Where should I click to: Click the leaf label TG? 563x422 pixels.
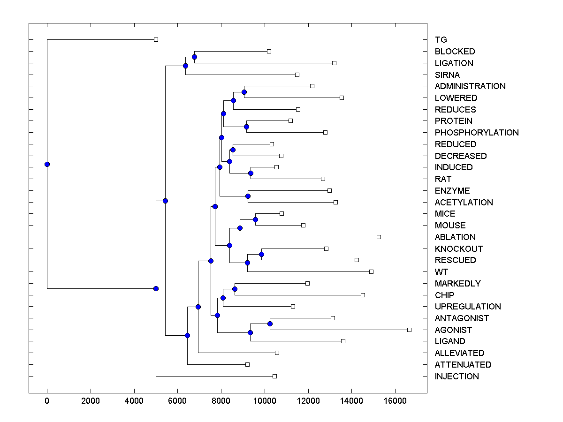point(441,40)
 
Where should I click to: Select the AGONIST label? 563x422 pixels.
point(453,330)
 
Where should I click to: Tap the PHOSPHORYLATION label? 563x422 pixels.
point(477,133)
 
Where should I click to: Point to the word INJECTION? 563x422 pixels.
point(456,376)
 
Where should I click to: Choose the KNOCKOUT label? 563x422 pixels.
point(458,249)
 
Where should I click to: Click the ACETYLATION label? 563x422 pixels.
point(464,202)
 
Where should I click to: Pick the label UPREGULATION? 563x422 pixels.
point(468,307)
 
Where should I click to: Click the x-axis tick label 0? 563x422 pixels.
point(47,401)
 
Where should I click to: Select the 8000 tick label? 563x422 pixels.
point(221,401)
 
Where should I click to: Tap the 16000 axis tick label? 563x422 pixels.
point(395,401)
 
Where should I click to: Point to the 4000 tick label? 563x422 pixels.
point(134,401)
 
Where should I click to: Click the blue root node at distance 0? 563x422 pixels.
point(47,164)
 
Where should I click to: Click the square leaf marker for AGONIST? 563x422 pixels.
point(409,330)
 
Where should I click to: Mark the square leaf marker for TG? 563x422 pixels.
point(156,40)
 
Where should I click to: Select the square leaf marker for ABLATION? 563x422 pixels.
point(379,237)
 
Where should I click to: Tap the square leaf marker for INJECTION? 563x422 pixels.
point(274,376)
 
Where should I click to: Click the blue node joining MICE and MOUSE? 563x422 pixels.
point(255,219)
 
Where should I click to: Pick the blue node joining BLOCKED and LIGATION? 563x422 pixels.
point(194,57)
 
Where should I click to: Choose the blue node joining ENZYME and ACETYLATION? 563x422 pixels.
point(248,196)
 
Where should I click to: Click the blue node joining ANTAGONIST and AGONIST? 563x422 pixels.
point(270,324)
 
